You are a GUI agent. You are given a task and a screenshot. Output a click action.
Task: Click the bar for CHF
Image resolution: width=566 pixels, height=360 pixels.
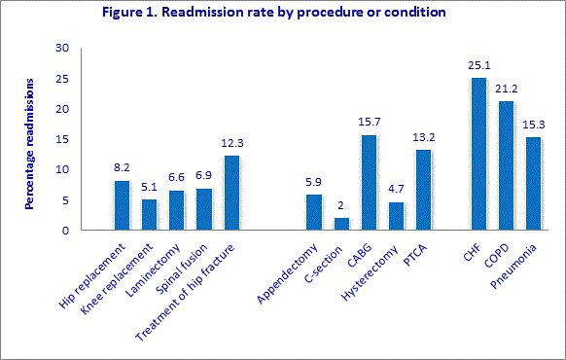click(x=478, y=154)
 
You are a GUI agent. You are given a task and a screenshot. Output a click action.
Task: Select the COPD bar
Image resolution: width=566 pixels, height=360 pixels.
click(x=506, y=165)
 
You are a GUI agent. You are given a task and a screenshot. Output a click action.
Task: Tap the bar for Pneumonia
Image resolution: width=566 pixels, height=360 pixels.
click(x=533, y=184)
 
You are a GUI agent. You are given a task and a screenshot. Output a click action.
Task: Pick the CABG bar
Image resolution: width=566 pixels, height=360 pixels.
click(x=369, y=183)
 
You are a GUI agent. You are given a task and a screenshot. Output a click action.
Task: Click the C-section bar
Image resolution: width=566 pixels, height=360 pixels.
click(x=341, y=224)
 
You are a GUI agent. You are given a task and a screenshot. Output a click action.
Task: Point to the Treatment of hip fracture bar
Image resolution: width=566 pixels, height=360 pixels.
click(x=231, y=193)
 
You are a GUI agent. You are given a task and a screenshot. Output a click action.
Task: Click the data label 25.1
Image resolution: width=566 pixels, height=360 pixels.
click(x=477, y=66)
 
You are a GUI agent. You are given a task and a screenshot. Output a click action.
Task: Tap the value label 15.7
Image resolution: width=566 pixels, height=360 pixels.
click(x=368, y=124)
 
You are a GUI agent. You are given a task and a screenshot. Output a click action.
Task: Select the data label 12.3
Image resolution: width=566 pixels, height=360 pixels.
click(x=230, y=144)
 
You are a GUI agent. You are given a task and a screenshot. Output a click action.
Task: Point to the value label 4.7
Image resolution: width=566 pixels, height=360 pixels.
click(x=395, y=191)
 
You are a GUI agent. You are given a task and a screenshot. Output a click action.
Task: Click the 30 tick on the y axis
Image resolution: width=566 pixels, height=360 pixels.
click(x=62, y=48)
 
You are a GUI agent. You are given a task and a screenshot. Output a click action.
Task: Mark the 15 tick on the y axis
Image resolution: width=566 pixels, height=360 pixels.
click(x=62, y=139)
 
